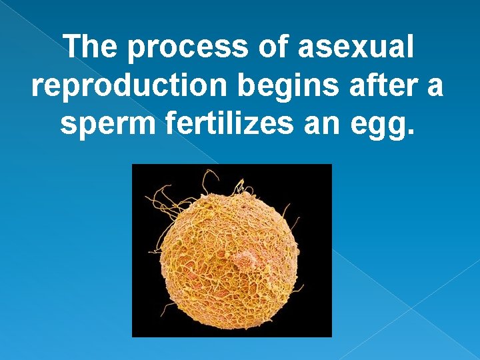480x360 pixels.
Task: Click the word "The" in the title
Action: (x=93, y=47)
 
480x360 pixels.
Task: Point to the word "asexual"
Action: (x=356, y=47)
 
